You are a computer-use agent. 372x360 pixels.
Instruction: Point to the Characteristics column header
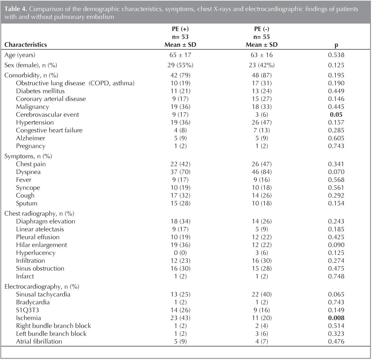[x=26, y=44]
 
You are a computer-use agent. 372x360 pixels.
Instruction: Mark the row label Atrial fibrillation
[x=39, y=341]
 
